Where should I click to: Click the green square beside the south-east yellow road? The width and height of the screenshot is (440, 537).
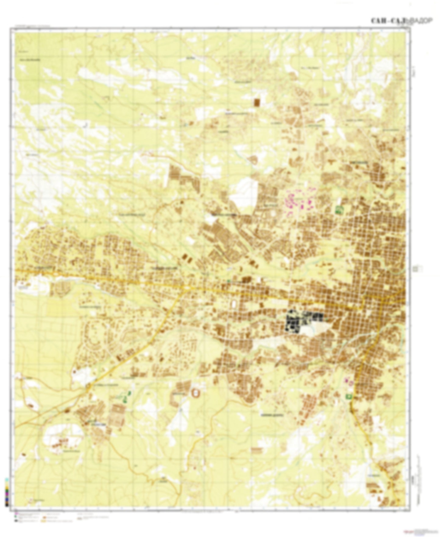[x=348, y=396]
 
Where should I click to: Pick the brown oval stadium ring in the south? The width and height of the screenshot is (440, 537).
[x=195, y=393]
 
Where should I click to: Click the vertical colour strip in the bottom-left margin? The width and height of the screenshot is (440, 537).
[x=7, y=491]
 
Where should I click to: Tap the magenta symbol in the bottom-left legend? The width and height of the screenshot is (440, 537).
[x=16, y=514]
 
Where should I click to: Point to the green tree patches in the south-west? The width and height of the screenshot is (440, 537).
[x=126, y=396]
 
